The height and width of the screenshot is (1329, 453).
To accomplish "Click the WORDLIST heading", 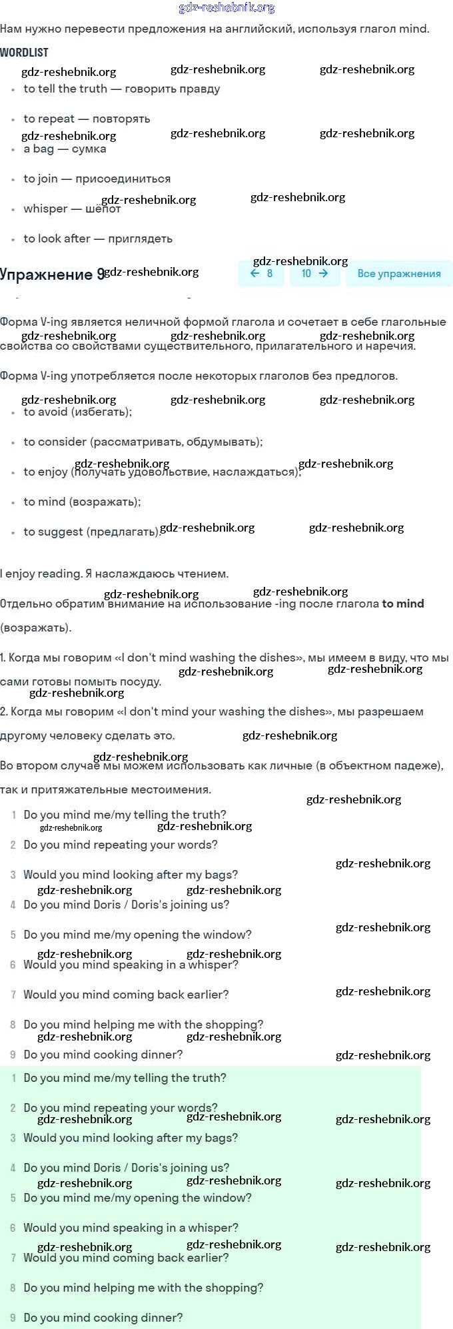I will pyautogui.click(x=25, y=53).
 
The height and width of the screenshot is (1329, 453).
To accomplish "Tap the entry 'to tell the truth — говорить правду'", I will pyautogui.click(x=121, y=89).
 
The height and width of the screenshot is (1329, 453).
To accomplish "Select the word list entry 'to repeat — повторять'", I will pyautogui.click(x=87, y=119).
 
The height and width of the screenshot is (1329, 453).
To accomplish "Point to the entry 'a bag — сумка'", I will pyautogui.click(x=65, y=149).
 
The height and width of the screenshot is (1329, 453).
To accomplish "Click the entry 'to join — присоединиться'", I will pyautogui.click(x=97, y=179).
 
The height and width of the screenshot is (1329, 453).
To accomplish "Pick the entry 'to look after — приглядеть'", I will pyautogui.click(x=97, y=239).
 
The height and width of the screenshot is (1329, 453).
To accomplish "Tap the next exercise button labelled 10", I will pyautogui.click(x=314, y=274).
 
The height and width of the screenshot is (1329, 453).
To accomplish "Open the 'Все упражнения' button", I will pyautogui.click(x=398, y=274).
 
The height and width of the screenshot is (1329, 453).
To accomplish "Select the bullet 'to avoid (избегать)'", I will pyautogui.click(x=77, y=412).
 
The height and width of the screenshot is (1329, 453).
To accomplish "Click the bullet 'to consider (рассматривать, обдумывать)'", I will pyautogui.click(x=143, y=442).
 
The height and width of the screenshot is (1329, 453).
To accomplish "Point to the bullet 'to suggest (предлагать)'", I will pyautogui.click(x=92, y=532).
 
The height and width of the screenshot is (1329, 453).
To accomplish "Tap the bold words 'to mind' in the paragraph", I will pyautogui.click(x=402, y=604).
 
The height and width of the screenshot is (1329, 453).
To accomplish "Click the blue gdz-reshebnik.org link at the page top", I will pyautogui.click(x=226, y=8).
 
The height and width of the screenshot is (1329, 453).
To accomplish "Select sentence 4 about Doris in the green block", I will pyautogui.click(x=126, y=1168).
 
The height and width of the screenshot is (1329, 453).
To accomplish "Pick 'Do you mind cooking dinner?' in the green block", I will pyautogui.click(x=103, y=1318).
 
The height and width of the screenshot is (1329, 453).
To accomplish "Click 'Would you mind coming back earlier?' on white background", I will pyautogui.click(x=126, y=995).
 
